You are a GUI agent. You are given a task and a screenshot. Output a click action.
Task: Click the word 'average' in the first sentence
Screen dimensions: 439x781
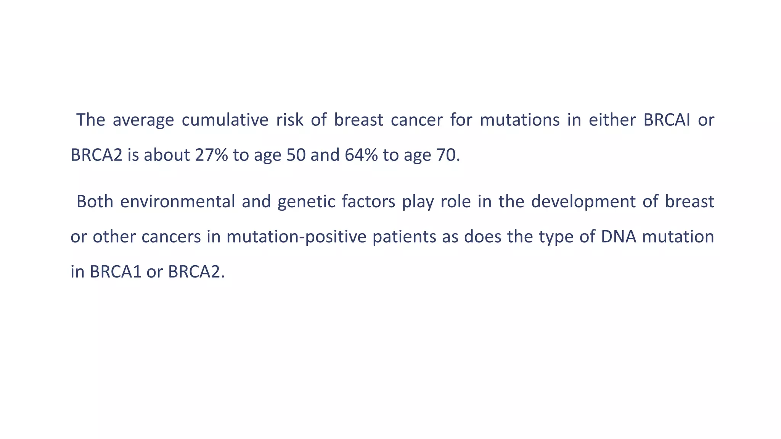coord(143,120)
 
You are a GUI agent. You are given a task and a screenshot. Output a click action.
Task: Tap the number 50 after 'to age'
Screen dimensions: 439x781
coord(296,155)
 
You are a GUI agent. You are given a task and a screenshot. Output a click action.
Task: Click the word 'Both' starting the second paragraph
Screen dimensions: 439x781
coord(95,202)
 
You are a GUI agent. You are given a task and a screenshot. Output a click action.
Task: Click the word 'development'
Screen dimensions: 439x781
coord(583,202)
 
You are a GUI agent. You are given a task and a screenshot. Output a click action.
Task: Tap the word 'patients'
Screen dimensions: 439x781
coord(404,237)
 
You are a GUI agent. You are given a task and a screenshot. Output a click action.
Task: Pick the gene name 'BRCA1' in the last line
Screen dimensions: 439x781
coord(116,272)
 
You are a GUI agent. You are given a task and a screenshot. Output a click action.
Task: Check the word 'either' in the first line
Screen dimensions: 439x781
coord(612,120)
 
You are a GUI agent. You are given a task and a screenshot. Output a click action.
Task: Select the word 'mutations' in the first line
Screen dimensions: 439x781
coord(519,120)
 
